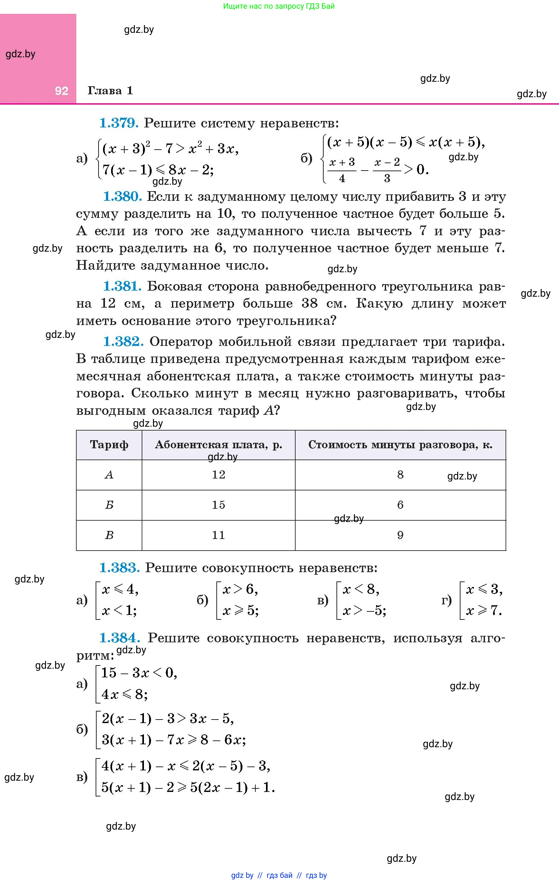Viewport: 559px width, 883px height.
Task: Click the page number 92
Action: (x=62, y=91)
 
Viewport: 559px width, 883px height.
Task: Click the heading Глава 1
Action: (x=110, y=90)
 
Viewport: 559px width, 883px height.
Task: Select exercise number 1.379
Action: (x=119, y=123)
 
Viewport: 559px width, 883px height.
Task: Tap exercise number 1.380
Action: (x=122, y=197)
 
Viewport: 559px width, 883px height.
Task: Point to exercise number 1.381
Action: (x=122, y=286)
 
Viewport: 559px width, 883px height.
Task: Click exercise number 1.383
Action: (x=119, y=568)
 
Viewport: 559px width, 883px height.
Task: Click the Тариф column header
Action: (x=109, y=445)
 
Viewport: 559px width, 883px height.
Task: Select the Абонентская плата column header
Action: (x=218, y=445)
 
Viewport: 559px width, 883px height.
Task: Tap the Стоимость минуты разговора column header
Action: (x=400, y=445)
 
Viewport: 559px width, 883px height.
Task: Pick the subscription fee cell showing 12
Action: (x=218, y=475)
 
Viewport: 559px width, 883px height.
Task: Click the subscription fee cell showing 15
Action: (x=218, y=505)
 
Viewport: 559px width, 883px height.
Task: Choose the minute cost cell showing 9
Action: (x=400, y=535)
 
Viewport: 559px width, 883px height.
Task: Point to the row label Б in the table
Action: (x=109, y=505)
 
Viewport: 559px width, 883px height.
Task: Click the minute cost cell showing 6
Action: (x=400, y=505)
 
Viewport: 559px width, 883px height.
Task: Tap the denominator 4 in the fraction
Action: (x=342, y=179)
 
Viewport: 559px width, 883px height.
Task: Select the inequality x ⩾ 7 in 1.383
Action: (x=484, y=610)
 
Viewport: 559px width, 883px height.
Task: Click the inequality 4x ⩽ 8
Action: (x=124, y=694)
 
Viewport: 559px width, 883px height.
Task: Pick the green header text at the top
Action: (x=279, y=6)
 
